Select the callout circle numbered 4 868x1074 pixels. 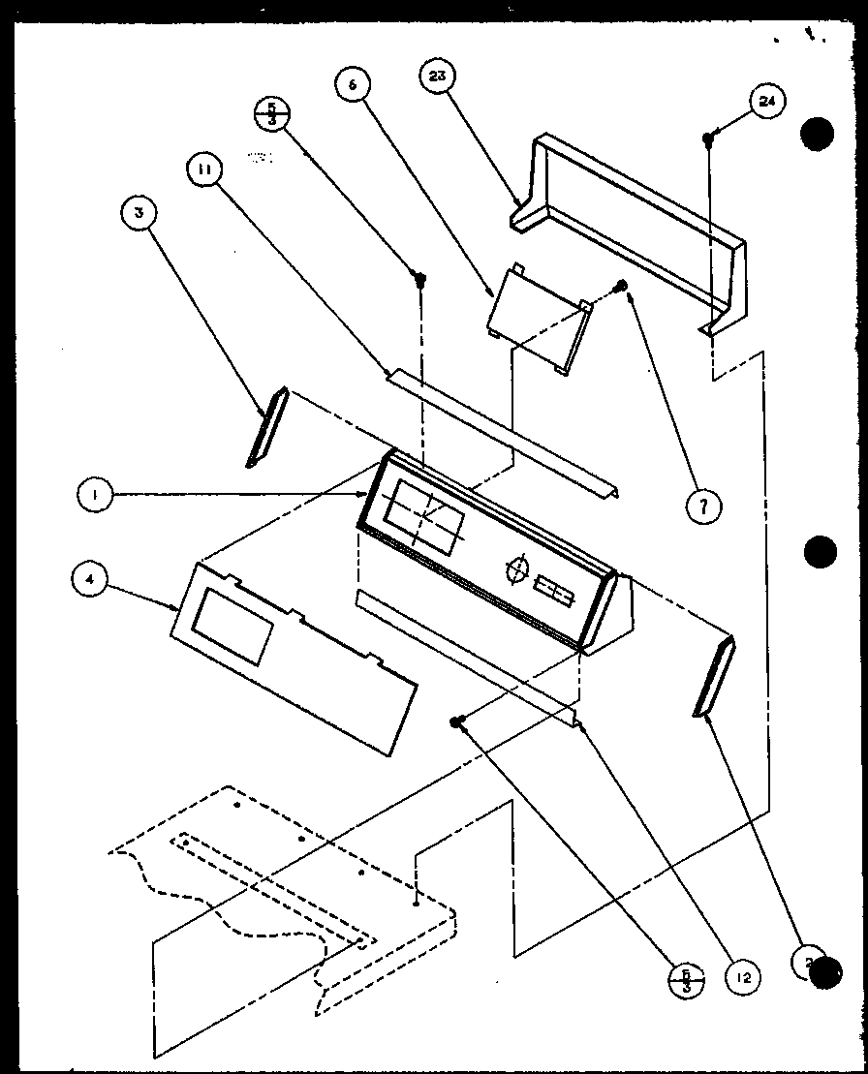[x=90, y=579]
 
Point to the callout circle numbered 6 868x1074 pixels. [x=353, y=85]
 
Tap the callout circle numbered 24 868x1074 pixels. [x=768, y=103]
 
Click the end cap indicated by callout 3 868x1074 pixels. [x=266, y=426]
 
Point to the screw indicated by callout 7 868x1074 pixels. [x=623, y=286]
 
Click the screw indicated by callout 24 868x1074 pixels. [x=709, y=139]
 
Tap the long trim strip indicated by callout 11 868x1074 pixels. [x=504, y=433]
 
